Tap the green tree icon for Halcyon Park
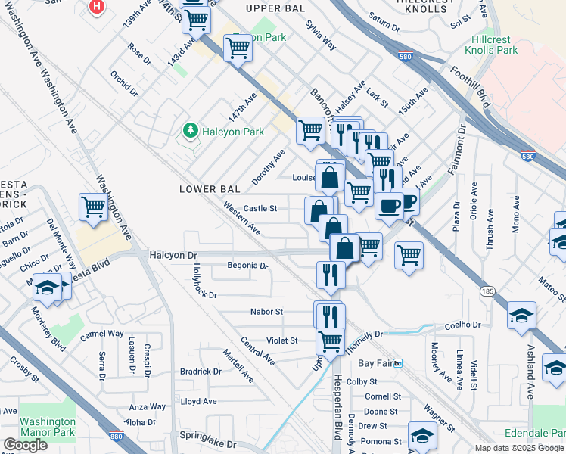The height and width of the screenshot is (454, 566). pyautogui.click(x=189, y=132)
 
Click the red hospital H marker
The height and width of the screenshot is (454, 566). pyautogui.click(x=97, y=7)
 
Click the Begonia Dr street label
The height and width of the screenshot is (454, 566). pyautogui.click(x=247, y=266)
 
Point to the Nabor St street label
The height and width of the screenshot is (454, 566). pyautogui.click(x=267, y=311)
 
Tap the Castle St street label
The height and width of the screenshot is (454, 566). pyautogui.click(x=260, y=207)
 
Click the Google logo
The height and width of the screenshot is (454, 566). pyautogui.click(x=25, y=445)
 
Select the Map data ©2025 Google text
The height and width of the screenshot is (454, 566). pyautogui.click(x=518, y=448)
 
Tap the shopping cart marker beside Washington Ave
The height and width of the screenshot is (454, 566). pyautogui.click(x=93, y=205)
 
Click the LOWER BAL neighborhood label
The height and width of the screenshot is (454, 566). pyautogui.click(x=210, y=188)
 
